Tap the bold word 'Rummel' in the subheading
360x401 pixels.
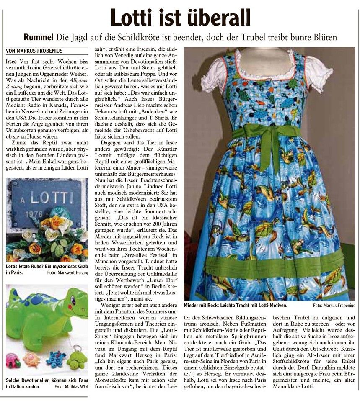click(39, 38)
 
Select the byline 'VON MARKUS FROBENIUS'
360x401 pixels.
click(34, 51)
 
